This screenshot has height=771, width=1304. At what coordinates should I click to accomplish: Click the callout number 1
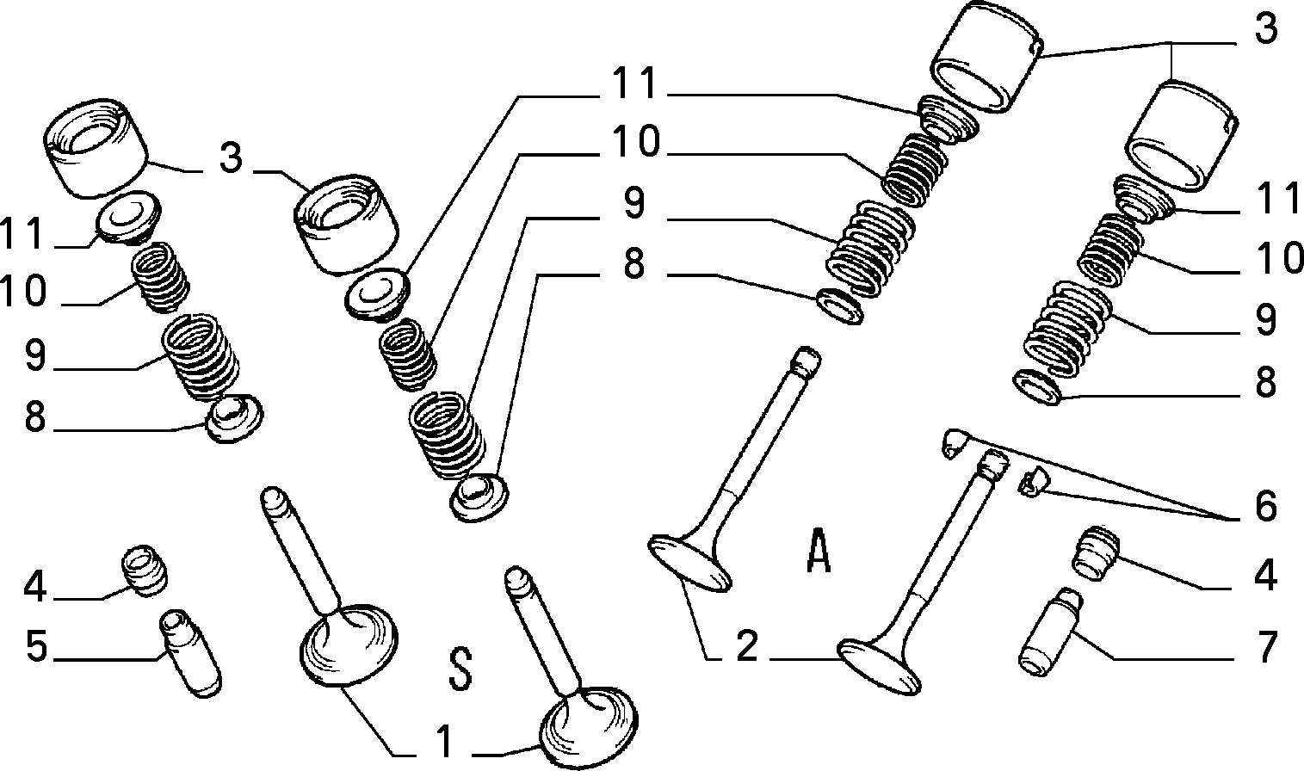pos(445,741)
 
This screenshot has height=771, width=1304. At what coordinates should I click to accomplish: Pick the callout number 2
pos(747,645)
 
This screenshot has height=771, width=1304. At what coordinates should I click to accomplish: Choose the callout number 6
pos(1265,505)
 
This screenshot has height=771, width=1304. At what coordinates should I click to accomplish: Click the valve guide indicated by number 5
pos(190,652)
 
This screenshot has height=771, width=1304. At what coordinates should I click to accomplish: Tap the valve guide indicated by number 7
pos(1050,632)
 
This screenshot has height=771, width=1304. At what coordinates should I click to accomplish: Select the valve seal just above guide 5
pos(145,571)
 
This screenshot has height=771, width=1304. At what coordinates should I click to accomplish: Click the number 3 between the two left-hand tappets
pos(231,157)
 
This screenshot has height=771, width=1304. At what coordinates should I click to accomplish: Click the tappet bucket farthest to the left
pos(96,148)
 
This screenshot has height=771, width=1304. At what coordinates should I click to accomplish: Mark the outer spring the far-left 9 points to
pos(201,357)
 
